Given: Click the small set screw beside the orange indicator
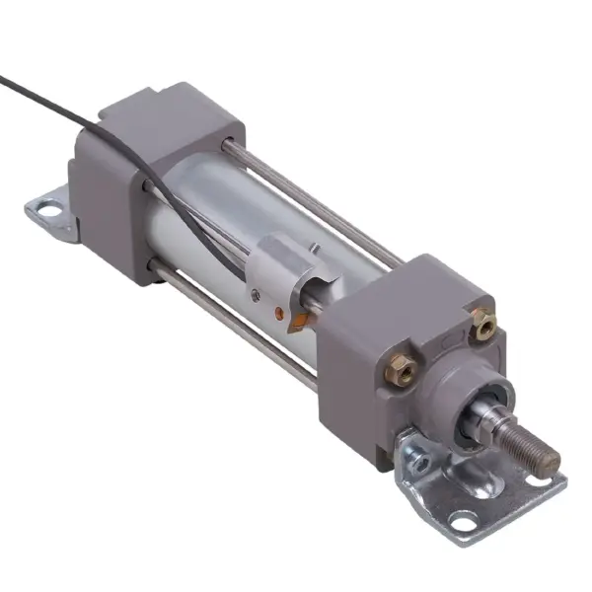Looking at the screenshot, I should [256, 294].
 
